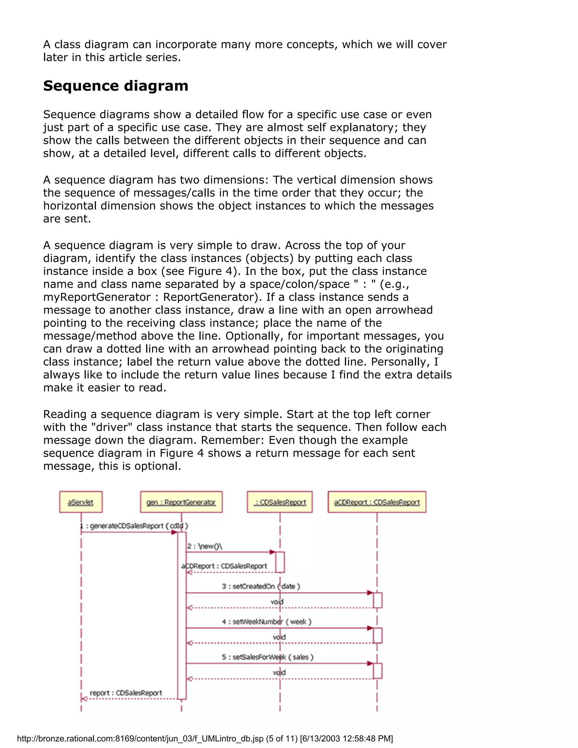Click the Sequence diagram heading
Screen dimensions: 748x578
[x=115, y=86]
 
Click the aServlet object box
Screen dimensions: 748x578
[x=80, y=502]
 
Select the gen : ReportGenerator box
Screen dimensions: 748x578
[x=181, y=502]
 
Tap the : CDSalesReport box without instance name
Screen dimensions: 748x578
[x=280, y=502]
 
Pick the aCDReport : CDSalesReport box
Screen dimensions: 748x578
[x=377, y=502]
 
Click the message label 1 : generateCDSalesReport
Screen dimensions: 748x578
[x=134, y=526]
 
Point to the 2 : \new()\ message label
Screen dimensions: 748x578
[x=204, y=546]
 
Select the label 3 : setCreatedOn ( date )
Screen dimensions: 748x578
[x=261, y=586]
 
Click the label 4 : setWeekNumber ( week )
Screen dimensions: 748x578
[x=266, y=621]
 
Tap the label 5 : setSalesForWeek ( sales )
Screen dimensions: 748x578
[x=268, y=657]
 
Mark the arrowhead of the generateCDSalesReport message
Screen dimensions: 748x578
[x=174, y=532]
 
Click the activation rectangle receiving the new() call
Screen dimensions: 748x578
[x=280, y=562]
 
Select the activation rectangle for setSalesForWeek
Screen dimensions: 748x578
[x=377, y=671]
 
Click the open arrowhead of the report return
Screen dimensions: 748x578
[x=84, y=699]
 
